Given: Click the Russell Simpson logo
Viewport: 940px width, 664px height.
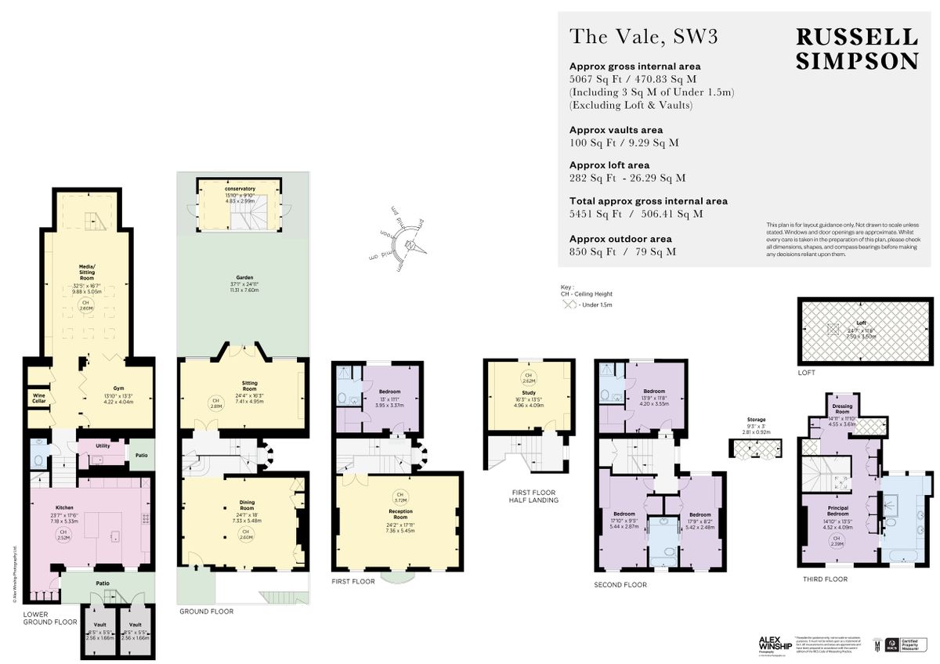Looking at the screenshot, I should [x=856, y=49].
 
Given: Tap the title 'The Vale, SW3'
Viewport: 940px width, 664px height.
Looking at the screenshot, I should [x=643, y=36].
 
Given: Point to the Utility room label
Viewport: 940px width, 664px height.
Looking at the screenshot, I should [x=103, y=444].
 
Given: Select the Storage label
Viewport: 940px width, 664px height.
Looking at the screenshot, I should [x=756, y=420].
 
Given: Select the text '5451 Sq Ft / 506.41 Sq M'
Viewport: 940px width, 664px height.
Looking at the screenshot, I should [x=635, y=214].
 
